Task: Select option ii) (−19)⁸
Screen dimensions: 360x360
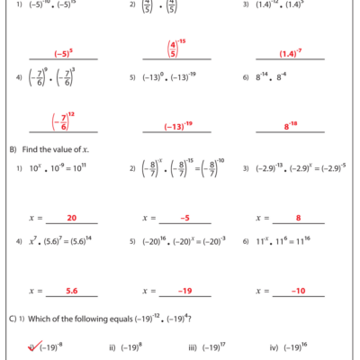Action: point(128,347)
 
